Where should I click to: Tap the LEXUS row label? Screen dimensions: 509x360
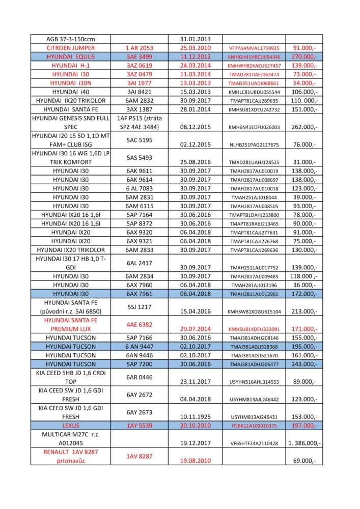coord(71,425)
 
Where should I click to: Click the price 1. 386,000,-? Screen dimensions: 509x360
coord(304,443)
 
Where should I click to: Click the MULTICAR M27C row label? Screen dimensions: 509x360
coord(71,438)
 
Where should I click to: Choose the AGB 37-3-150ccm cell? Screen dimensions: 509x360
coord(71,39)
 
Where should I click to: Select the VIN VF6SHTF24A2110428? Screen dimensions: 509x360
coord(254,443)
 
